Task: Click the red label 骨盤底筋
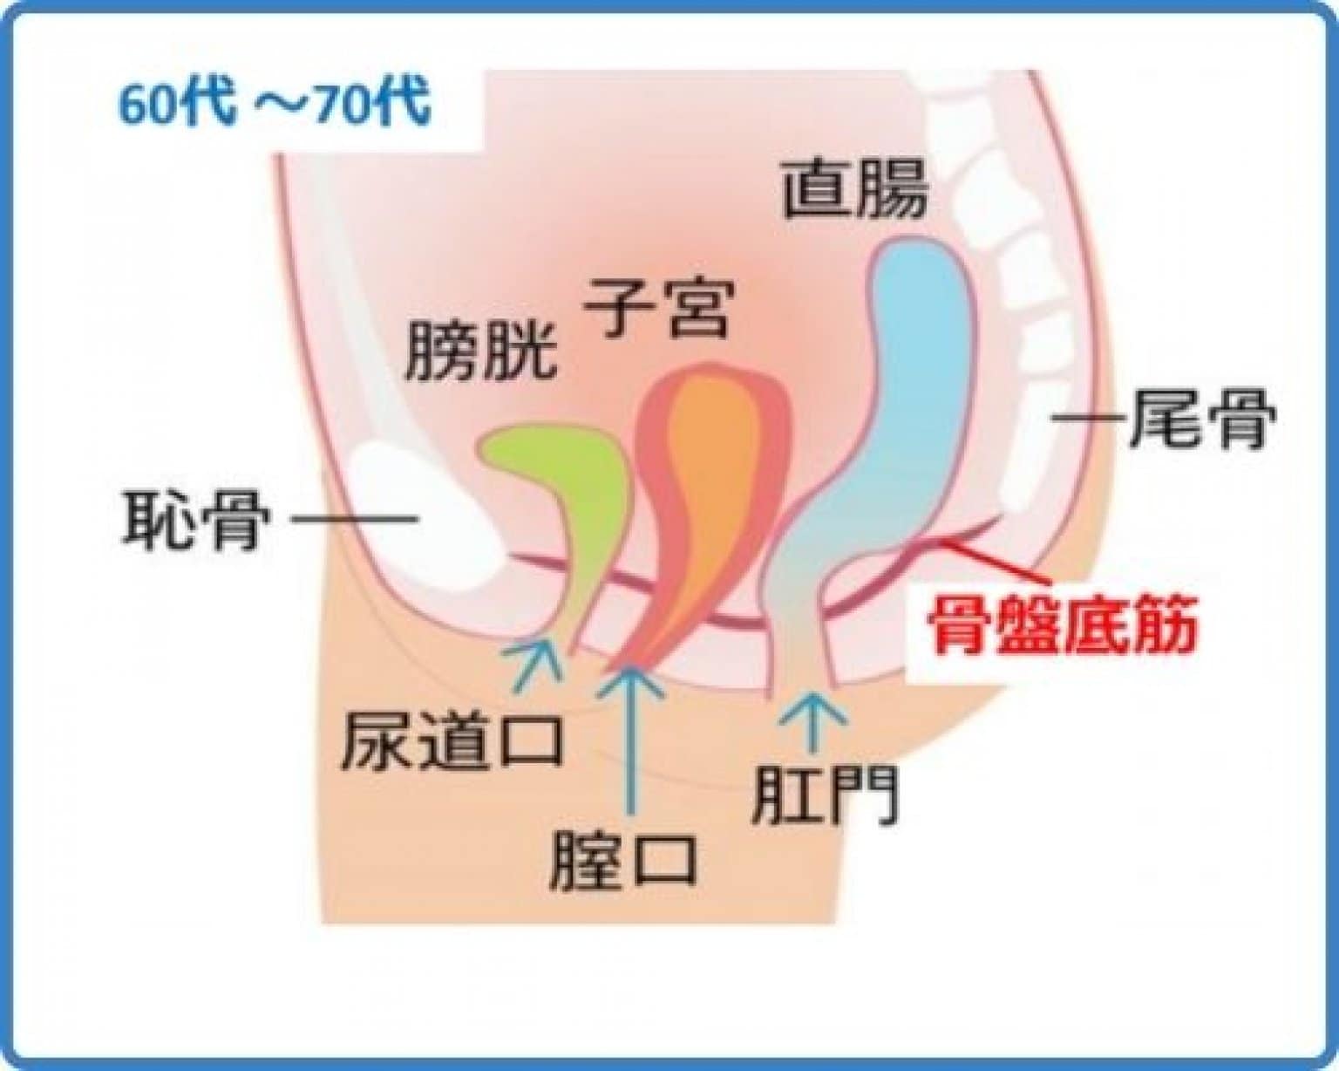pyautogui.click(x=1061, y=624)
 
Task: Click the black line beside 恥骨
pyautogui.click(x=353, y=520)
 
